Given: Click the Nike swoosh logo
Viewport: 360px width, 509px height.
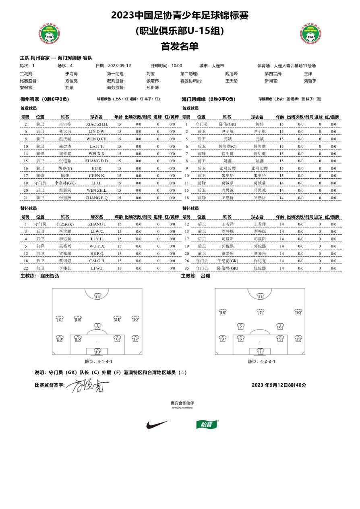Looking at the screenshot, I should tap(157, 424).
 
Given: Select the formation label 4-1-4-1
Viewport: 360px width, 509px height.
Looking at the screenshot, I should tap(98, 361).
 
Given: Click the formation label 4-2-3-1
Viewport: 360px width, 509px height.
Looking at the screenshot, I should tap(261, 361).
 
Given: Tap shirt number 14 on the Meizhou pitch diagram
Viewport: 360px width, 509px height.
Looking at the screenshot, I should tap(97, 296).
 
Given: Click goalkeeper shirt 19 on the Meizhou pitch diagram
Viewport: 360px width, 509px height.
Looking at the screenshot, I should tap(97, 351).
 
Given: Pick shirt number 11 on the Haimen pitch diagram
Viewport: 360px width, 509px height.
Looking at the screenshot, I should tap(261, 296).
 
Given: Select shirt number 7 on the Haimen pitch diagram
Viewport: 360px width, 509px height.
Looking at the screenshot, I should tap(261, 312).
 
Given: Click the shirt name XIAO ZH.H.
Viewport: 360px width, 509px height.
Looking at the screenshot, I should tap(97, 124).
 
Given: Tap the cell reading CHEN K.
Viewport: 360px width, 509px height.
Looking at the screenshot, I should tap(97, 176).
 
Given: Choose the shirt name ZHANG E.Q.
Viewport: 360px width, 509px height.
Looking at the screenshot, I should tap(97, 198).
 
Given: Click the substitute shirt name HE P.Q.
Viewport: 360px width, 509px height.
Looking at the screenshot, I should tap(97, 253).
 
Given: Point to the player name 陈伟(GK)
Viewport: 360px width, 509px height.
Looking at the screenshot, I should tap(228, 124).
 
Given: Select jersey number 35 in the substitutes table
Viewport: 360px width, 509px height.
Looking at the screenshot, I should tap(187, 268).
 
